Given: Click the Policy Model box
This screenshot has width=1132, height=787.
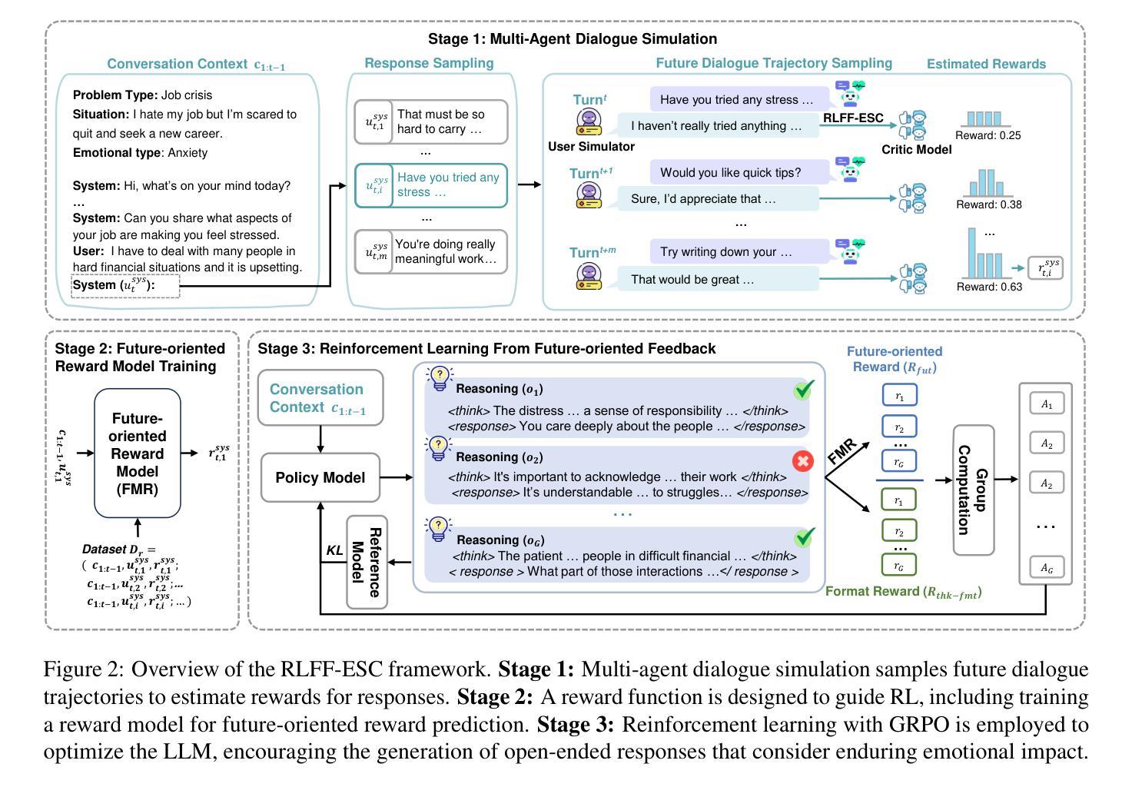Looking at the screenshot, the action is click(320, 477).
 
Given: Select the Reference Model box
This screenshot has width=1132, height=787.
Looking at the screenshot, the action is click(367, 562).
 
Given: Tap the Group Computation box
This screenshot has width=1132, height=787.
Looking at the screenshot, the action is click(974, 490).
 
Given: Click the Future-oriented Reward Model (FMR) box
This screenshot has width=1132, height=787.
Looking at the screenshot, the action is click(138, 453).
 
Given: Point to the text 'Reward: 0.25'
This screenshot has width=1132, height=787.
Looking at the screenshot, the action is click(988, 135).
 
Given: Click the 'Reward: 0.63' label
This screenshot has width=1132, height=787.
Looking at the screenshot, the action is click(989, 287).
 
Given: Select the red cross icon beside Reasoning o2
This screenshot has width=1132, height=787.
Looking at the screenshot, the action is click(802, 461).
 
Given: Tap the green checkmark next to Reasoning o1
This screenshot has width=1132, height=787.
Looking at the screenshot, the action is click(804, 390).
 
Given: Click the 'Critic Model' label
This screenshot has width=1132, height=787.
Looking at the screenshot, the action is click(916, 150).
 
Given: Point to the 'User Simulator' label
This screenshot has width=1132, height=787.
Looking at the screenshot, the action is click(591, 147).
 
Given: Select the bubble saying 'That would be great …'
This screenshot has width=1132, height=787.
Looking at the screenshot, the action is click(717, 279).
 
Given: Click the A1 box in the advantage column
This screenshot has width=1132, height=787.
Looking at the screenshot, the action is click(1047, 403).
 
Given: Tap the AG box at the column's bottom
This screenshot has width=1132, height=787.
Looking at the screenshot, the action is click(1047, 568).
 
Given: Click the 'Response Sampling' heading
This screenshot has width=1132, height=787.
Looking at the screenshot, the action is click(429, 63).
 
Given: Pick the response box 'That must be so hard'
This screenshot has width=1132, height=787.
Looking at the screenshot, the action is click(431, 121).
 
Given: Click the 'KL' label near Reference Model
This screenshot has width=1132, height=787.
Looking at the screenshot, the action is click(334, 550).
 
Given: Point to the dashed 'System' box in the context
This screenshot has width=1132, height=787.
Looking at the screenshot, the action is click(125, 286).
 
